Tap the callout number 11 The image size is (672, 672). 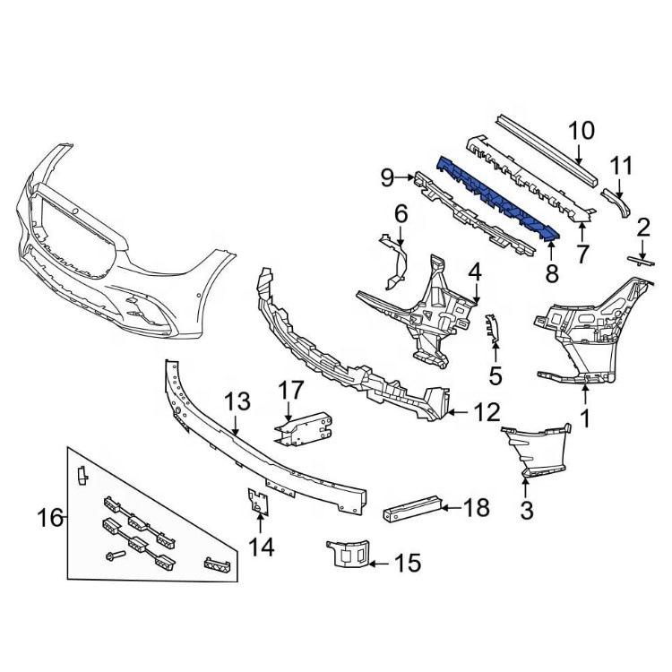[x=621, y=166]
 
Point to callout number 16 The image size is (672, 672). [x=49, y=517]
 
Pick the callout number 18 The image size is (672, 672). [x=477, y=508]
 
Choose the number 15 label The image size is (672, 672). [x=407, y=564]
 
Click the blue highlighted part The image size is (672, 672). [x=497, y=199]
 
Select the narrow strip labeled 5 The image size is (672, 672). [x=490, y=329]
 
